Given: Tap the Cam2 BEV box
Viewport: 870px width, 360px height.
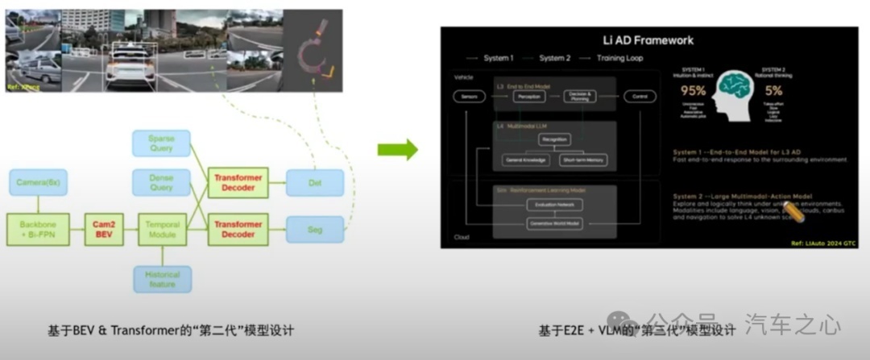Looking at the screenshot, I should pos(103,230).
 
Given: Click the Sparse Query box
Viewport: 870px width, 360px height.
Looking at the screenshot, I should pos(161,143).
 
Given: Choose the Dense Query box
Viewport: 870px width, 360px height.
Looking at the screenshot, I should pos(161,182).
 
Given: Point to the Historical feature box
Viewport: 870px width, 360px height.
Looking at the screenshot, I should pos(163,279).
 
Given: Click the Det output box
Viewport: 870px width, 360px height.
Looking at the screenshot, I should pos(315,182).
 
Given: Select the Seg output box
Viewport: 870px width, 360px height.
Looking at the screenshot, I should pos(315,230).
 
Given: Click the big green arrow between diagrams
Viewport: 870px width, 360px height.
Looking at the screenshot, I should pos(398,149).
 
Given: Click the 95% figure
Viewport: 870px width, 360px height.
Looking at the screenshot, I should pos(694,90).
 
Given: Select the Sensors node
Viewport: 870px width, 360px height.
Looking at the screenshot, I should pos(469,96).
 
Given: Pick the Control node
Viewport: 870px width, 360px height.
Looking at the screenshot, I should pos(639,96).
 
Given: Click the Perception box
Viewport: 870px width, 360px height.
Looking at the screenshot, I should pos(529,96).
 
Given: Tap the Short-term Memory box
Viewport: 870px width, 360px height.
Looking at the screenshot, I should pos(583,159).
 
